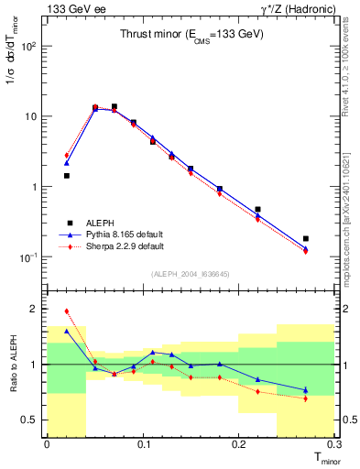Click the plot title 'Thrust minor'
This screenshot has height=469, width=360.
[x=191, y=34]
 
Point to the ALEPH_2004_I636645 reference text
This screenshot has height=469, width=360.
[x=190, y=274]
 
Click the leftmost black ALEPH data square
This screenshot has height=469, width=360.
[x=66, y=175]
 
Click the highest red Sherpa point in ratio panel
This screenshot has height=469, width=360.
[x=66, y=311]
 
